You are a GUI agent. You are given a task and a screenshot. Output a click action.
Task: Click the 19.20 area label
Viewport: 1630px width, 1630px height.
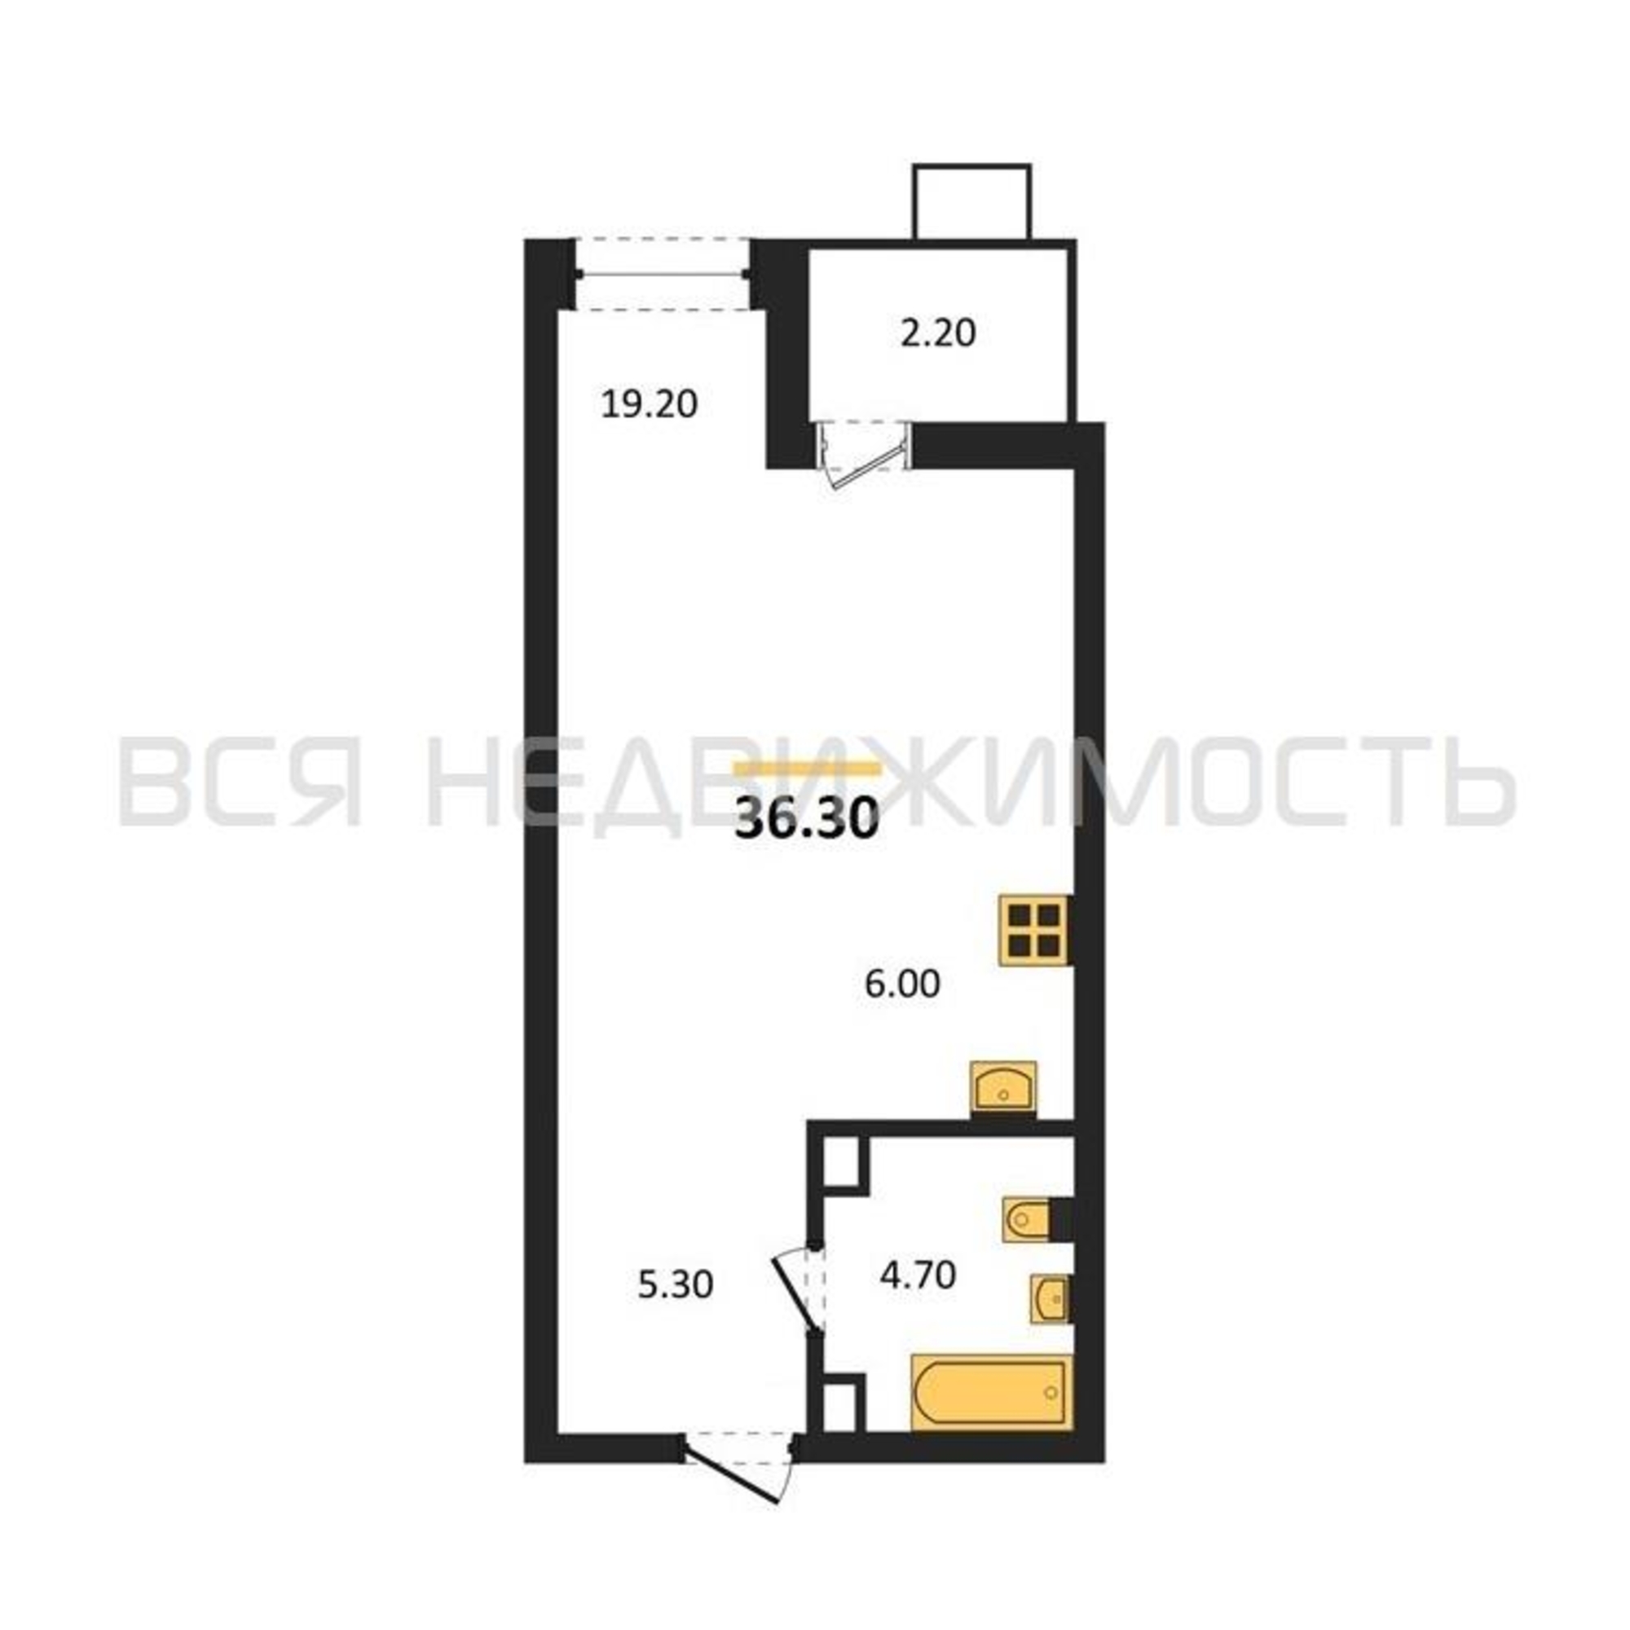point(650,405)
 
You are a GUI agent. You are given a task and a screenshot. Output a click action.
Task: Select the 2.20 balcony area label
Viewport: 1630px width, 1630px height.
point(937,333)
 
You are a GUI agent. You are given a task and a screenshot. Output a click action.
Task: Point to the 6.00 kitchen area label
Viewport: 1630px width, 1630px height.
point(902,985)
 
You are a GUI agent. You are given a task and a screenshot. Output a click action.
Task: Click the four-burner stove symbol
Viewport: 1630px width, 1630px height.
point(1035,930)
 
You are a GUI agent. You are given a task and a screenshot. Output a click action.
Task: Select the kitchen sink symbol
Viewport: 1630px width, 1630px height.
point(1003,1088)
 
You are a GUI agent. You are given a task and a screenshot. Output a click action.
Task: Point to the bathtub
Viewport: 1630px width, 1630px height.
point(991,1393)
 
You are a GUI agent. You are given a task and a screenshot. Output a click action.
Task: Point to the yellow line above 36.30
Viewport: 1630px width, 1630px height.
point(808,769)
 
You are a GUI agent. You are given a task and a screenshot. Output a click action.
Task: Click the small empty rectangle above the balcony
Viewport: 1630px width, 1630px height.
point(972,201)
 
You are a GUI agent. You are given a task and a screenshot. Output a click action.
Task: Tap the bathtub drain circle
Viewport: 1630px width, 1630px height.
point(1051,1392)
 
